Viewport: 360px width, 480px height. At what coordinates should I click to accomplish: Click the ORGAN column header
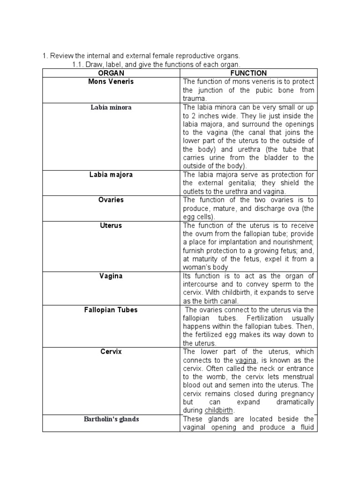[x=111, y=73]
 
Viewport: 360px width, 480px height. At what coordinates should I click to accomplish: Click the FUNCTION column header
[x=248, y=73]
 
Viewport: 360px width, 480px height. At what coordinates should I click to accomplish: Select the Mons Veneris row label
[x=111, y=82]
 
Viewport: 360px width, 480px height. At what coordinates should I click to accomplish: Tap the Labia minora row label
[x=111, y=107]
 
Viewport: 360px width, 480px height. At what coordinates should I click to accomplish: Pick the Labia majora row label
[x=111, y=174]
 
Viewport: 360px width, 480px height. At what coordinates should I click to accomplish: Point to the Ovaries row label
[x=111, y=200]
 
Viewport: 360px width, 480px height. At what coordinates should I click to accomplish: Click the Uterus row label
[x=111, y=225]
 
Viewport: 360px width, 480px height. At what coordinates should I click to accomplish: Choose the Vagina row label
[x=111, y=276]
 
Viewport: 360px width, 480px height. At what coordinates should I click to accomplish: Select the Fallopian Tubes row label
[x=111, y=310]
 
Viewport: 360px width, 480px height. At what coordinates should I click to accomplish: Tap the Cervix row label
[x=111, y=352]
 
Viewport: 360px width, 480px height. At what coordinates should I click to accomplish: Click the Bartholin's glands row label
[x=111, y=419]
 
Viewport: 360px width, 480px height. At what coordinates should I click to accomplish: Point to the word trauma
[x=194, y=99]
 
